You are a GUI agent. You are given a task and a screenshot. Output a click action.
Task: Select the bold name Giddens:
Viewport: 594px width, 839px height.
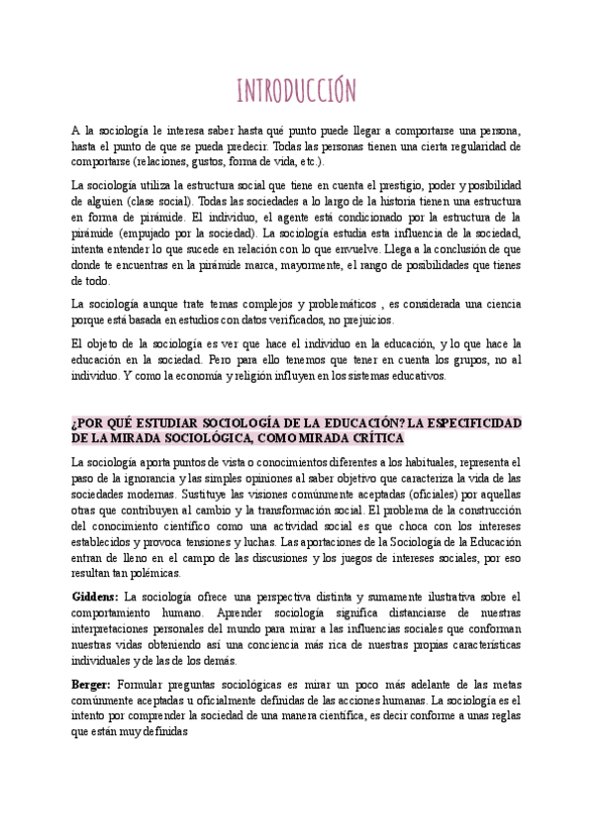[x=95, y=598]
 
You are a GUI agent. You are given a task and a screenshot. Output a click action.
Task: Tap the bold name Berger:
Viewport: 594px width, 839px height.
[x=92, y=684]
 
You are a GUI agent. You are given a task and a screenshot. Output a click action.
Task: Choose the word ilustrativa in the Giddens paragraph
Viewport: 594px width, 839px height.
[x=428, y=598]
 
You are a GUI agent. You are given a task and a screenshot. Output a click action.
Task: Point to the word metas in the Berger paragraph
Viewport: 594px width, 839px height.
[x=504, y=684]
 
